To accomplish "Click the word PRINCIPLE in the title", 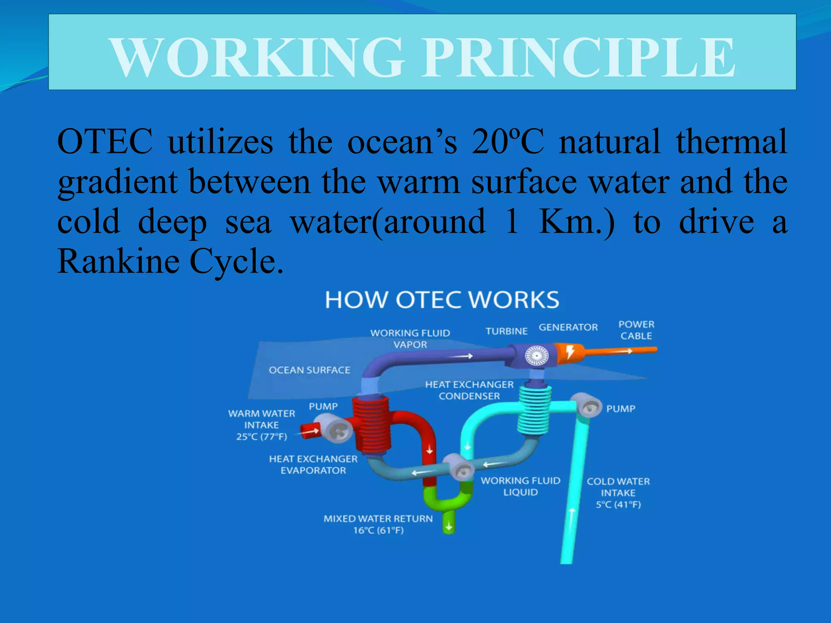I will (578, 57).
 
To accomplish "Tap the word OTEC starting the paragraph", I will (105, 142).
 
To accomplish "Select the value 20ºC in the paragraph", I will (507, 142).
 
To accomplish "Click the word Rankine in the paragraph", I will (118, 261).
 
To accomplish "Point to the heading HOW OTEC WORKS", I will (442, 300).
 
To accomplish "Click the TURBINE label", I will (506, 331).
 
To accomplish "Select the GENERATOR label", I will (568, 327).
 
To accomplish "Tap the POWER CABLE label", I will (636, 330).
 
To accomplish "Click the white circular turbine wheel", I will (536, 356).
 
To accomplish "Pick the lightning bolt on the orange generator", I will (570, 352).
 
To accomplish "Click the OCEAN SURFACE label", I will (309, 370).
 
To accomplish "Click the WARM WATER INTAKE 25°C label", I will (261, 425).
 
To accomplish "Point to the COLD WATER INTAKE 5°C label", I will (618, 493).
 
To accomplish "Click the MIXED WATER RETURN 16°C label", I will (378, 524).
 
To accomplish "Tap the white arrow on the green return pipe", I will (449, 526).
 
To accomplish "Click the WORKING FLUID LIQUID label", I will (520, 486).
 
